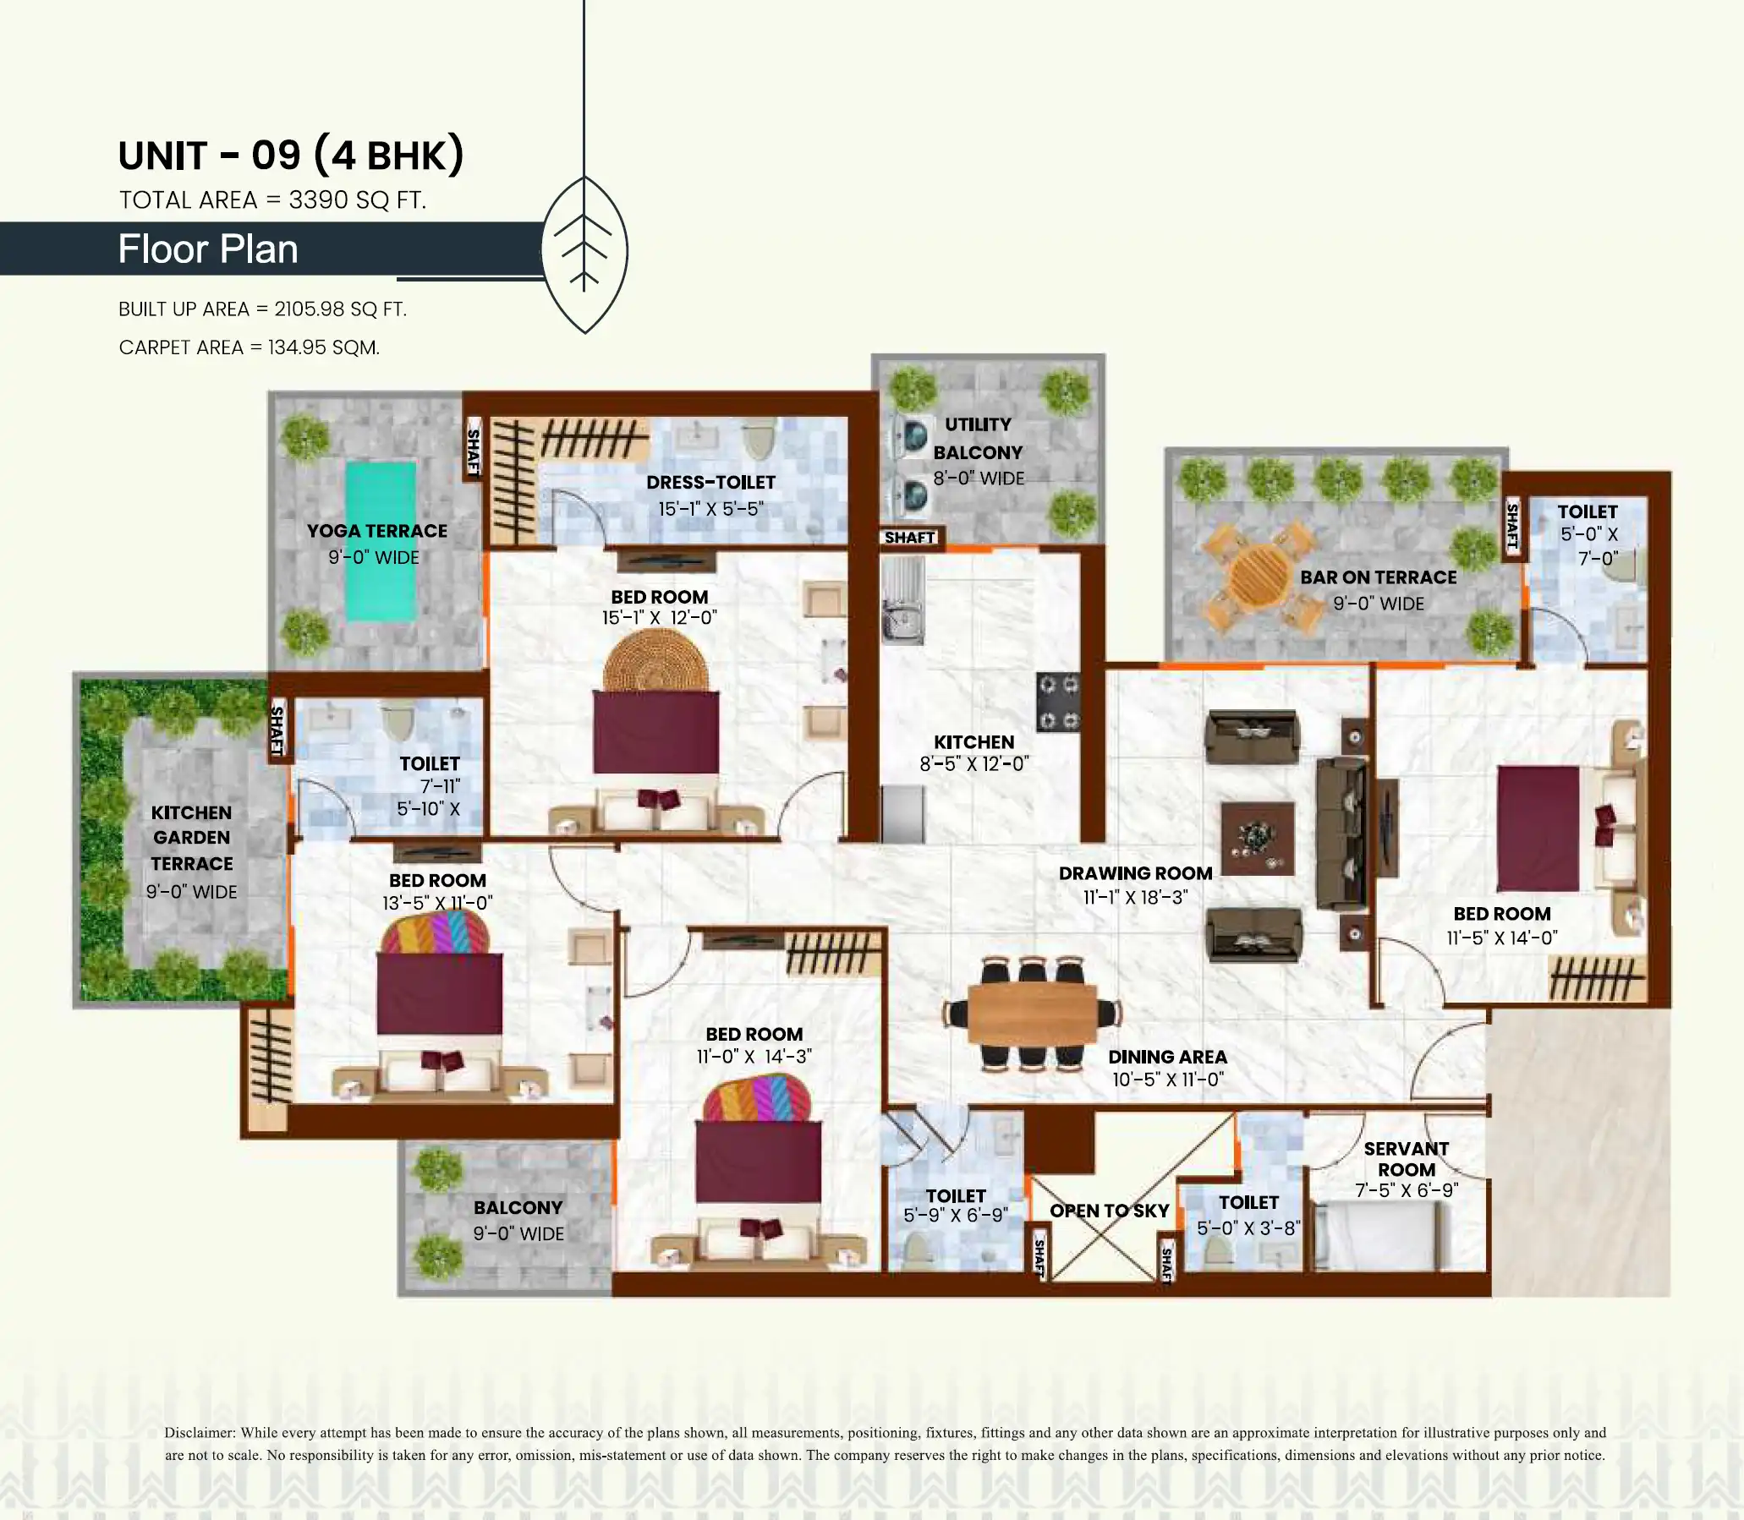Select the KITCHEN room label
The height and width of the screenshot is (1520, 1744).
[x=973, y=741]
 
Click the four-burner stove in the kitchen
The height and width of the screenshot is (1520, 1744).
[x=1058, y=703]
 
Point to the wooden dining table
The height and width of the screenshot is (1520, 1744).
[x=1032, y=1013]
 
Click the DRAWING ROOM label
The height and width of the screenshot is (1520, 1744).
[x=1135, y=872]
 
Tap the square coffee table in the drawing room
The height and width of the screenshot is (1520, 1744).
[x=1258, y=838]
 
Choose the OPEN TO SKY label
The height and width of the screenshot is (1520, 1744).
[x=1109, y=1211]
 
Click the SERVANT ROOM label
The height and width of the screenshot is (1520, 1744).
[x=1407, y=1159]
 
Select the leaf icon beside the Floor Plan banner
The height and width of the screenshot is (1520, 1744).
[x=584, y=254]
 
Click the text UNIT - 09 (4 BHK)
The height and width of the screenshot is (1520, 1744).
[x=291, y=156]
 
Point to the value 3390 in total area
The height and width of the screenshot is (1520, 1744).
[x=317, y=200]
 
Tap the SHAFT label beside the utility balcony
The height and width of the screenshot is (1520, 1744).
[x=909, y=537]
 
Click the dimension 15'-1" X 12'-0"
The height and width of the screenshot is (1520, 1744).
[x=660, y=617]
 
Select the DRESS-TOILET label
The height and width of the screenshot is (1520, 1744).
[x=710, y=482]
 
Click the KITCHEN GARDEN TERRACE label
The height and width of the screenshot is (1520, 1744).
[x=192, y=838]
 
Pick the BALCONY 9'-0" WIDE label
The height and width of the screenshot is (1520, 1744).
[x=518, y=1220]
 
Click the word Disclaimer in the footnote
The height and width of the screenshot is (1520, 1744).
[x=200, y=1433]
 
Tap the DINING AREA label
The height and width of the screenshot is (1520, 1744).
[x=1167, y=1057]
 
